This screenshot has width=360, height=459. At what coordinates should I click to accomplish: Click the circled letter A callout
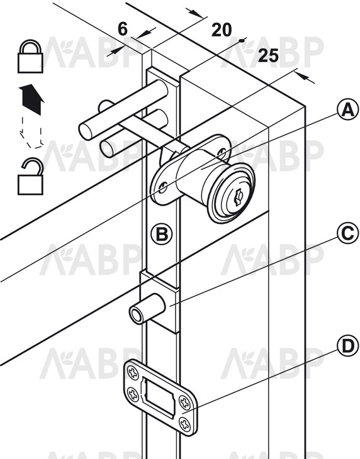click(x=347, y=110)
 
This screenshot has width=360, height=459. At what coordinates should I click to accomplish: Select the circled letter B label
click(x=162, y=234)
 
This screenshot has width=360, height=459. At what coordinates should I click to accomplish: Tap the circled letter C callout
click(x=347, y=233)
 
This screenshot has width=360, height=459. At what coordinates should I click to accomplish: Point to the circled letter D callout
click(x=347, y=346)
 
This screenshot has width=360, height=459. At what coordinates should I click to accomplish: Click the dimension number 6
click(x=123, y=29)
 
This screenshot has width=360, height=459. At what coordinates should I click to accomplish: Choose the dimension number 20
click(x=222, y=30)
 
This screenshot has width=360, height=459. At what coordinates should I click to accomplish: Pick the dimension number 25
click(x=268, y=55)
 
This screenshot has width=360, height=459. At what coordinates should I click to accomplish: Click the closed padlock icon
click(x=30, y=56)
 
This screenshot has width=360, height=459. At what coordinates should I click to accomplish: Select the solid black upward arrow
click(x=31, y=99)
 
